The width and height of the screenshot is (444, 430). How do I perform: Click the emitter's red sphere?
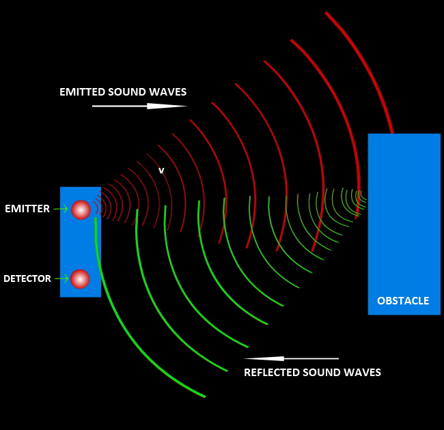pos(81,210)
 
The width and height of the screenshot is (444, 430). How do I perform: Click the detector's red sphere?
pos(80,278)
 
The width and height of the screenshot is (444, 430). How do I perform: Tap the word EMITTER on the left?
pos(27,209)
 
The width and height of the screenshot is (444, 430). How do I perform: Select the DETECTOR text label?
pos(27,278)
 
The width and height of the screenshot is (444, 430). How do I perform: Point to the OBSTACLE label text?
pos(403,300)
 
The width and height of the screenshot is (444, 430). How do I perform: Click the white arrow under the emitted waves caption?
pos(139,106)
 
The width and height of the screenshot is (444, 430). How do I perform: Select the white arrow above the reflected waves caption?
pos(291,358)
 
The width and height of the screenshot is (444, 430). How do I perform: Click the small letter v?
pos(161,171)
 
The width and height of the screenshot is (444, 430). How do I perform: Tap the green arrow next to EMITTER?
pos(61,209)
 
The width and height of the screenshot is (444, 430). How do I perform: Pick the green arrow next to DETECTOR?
pos(61,278)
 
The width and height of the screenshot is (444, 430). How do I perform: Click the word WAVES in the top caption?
pos(169,92)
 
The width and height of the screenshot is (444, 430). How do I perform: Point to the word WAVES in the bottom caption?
pos(363,373)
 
